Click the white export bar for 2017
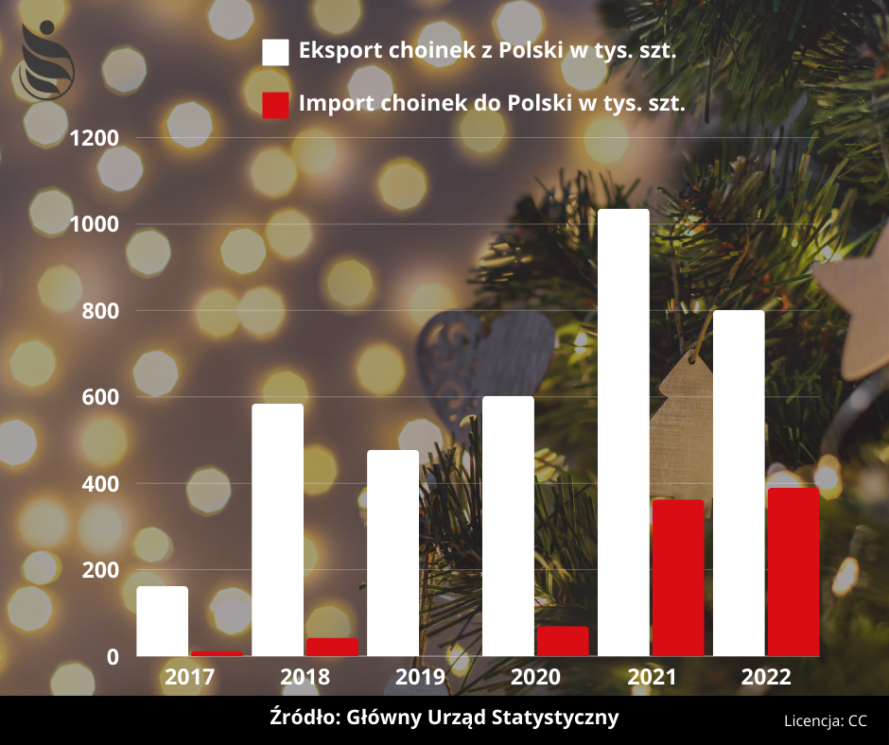pos(163,621)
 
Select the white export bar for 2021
pos(623,432)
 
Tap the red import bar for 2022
pos(793,572)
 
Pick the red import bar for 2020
pos(563,641)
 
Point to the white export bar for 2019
pos(392,553)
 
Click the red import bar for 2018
pos(332,647)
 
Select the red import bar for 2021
pos(678,578)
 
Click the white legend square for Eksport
pos(275,53)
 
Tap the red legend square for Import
pos(275,105)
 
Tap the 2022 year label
pos(766,677)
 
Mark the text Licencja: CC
pos(825,720)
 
